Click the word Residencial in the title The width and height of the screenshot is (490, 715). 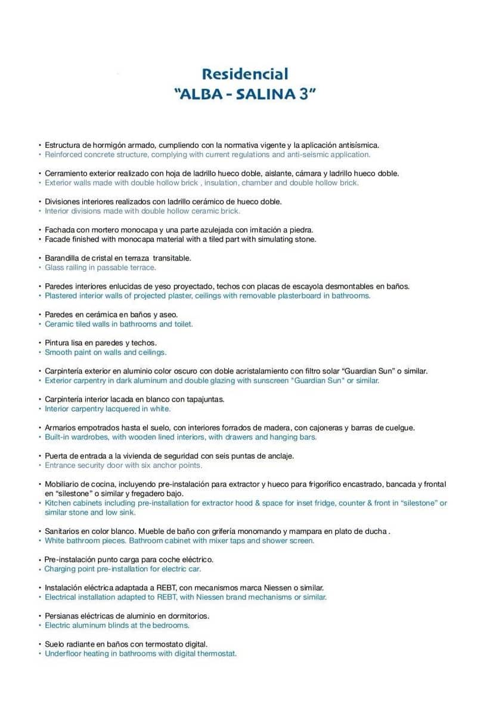point(245,74)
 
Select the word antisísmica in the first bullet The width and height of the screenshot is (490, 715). point(358,145)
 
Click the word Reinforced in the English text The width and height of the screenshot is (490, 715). point(64,154)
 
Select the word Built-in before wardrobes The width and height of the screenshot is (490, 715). point(58,437)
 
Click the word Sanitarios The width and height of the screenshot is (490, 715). point(62,531)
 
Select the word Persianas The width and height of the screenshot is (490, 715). point(62,615)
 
